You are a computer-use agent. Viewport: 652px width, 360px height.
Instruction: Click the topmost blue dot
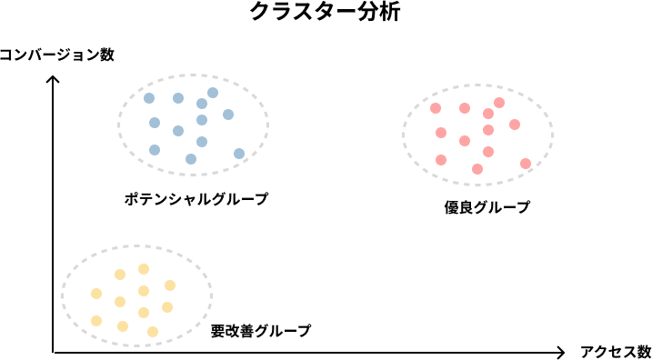[213, 93]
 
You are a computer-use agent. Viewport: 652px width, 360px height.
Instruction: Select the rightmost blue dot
[239, 154]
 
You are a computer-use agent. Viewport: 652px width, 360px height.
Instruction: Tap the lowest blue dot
[191, 159]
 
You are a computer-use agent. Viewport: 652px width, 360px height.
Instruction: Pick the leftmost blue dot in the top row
[149, 98]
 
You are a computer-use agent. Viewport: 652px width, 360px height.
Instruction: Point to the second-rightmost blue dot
[228, 115]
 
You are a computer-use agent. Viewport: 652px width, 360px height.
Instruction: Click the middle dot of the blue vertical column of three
[202, 120]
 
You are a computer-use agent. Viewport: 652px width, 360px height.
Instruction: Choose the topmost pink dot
[499, 103]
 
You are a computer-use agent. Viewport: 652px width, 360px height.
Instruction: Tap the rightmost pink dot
[526, 164]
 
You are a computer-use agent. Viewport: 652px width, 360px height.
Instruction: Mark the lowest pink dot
[477, 169]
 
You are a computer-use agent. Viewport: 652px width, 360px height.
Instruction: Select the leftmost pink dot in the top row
[436, 108]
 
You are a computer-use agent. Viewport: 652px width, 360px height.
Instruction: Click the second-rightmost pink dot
[515, 125]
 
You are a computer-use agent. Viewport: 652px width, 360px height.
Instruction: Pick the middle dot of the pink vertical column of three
[488, 130]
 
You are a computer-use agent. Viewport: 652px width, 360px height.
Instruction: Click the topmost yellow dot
[144, 269]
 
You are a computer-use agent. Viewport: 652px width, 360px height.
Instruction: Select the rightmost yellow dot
[170, 285]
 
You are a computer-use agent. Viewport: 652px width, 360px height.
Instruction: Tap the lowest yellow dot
[153, 332]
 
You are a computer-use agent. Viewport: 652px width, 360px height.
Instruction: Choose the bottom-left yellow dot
[96, 321]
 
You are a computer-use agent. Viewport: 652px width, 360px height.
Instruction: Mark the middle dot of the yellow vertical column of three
[144, 291]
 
